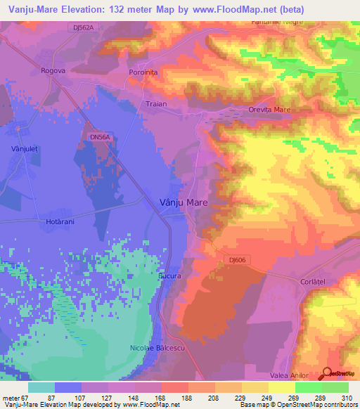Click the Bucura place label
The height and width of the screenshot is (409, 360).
169,276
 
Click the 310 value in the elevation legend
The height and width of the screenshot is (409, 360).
342,398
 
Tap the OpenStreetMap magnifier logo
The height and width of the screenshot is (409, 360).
327,374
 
